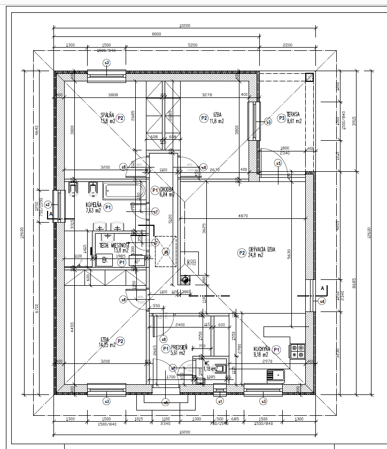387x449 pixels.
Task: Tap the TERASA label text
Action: pos(292,115)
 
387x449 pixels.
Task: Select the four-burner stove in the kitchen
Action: pos(297,351)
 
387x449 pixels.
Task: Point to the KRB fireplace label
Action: pos(191,262)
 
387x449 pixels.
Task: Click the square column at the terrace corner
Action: pos(309,77)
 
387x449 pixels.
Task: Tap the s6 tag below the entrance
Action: pos(166,402)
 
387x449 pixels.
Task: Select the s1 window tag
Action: pos(219,400)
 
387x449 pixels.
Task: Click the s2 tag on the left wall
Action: pos(48,204)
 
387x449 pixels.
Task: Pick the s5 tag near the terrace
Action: pos(278,163)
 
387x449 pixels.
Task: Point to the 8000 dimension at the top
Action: pos(156,34)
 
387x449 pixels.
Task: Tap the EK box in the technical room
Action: pos(104,260)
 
